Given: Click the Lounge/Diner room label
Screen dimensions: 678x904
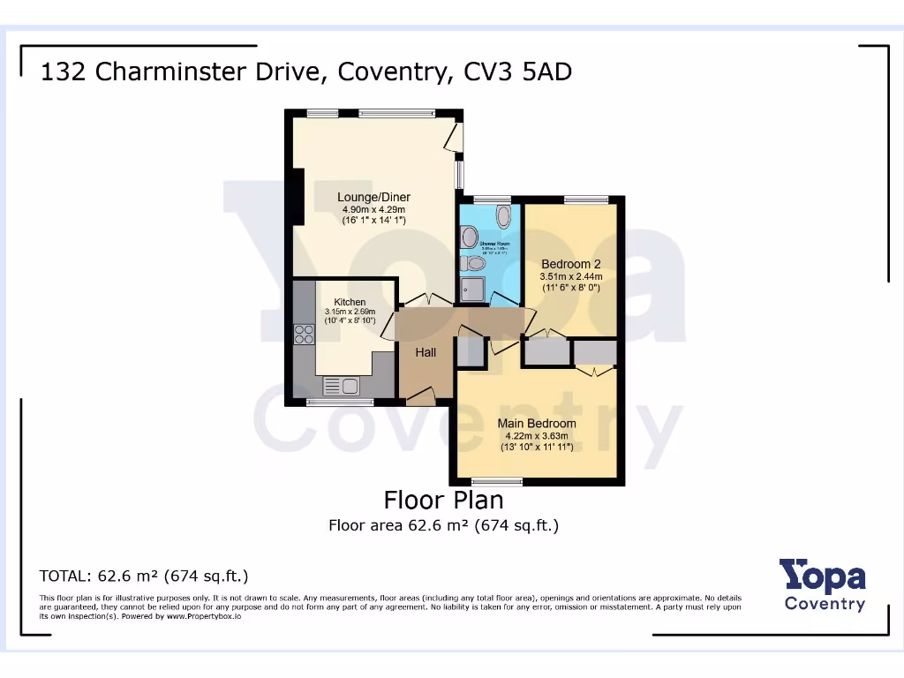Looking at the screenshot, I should click(373, 197).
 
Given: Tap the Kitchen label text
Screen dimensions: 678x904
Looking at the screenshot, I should click(350, 302).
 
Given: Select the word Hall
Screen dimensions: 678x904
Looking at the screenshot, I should click(426, 352).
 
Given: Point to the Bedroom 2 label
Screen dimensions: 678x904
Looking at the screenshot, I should click(570, 264).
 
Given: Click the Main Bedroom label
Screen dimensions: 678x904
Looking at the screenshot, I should click(536, 424).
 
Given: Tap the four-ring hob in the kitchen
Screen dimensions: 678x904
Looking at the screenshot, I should click(304, 334).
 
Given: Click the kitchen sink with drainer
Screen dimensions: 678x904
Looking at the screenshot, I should click(341, 386).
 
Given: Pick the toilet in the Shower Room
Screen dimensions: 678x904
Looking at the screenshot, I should click(473, 263).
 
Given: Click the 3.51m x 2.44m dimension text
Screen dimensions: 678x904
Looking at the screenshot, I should click(570, 276).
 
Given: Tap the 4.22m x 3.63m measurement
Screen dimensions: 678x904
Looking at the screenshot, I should click(536, 436).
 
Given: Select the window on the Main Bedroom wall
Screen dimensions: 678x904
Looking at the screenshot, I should click(497, 481).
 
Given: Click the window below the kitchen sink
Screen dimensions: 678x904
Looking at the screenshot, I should click(339, 403).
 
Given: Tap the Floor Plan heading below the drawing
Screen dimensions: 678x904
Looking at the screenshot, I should click(443, 500).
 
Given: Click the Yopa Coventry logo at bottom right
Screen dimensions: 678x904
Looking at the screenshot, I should click(824, 585).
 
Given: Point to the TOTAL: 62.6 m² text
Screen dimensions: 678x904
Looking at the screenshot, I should click(144, 576).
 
